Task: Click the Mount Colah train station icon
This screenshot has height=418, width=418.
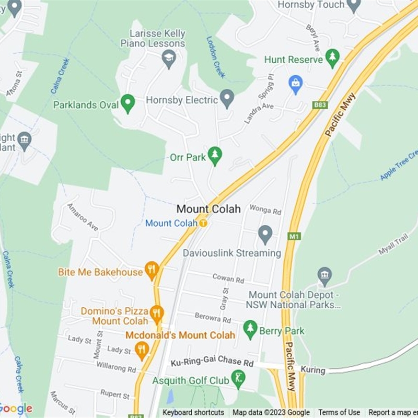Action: coord(203,223)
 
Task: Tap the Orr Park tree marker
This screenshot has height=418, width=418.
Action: coord(214,155)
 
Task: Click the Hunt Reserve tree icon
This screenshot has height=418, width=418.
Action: coord(332,58)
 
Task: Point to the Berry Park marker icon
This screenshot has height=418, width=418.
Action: coord(251,329)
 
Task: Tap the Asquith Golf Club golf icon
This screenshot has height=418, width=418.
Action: coord(238,378)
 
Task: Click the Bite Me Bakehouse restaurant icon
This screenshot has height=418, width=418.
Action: coord(152,270)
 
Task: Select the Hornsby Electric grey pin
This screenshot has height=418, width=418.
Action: coord(227,98)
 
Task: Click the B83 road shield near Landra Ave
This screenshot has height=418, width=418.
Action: coord(320,105)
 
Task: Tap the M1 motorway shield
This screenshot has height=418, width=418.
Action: coord(294,237)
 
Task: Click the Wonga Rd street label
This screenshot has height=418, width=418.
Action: coord(265,210)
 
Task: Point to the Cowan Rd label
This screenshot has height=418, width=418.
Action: coord(228,279)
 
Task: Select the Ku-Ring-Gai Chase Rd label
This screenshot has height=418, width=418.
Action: coord(212,362)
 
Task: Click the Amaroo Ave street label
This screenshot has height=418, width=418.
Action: coord(83,217)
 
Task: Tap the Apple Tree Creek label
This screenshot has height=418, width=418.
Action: coord(399,165)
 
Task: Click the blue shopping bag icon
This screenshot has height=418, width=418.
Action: coord(296,84)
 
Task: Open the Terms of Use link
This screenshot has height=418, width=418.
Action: coord(339,413)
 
